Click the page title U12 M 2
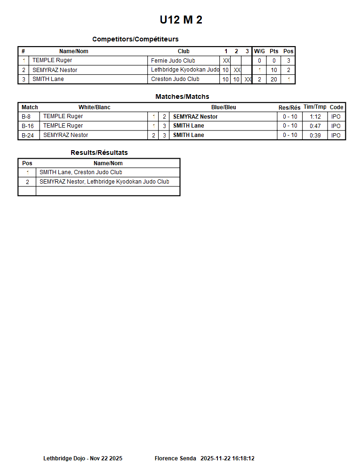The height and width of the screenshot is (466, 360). point(181,20)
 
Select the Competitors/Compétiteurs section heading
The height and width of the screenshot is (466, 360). point(135,39)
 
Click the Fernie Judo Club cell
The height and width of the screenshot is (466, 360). point(173,61)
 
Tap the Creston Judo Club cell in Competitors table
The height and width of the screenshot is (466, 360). point(175,79)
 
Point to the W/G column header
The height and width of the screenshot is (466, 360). point(259,51)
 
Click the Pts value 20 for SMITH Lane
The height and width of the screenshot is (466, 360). point(274,80)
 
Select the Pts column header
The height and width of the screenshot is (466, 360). point(274,51)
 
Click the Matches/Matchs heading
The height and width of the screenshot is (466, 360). point(182,96)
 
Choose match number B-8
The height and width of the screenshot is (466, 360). point(26,117)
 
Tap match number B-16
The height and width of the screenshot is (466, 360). point(28,126)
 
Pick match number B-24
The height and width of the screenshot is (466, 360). point(28,135)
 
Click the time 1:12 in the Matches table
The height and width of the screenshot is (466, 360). point(315,117)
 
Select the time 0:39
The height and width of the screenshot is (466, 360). point(315,136)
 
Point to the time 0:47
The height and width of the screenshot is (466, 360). point(315,126)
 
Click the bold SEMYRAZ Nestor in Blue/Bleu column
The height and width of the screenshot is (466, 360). point(195,117)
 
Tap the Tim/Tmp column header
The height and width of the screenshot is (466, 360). point(315,107)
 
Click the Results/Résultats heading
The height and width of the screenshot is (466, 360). point(99,153)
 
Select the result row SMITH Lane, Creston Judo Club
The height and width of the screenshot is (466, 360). point(81,172)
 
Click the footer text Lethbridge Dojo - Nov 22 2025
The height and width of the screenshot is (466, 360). point(83,458)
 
